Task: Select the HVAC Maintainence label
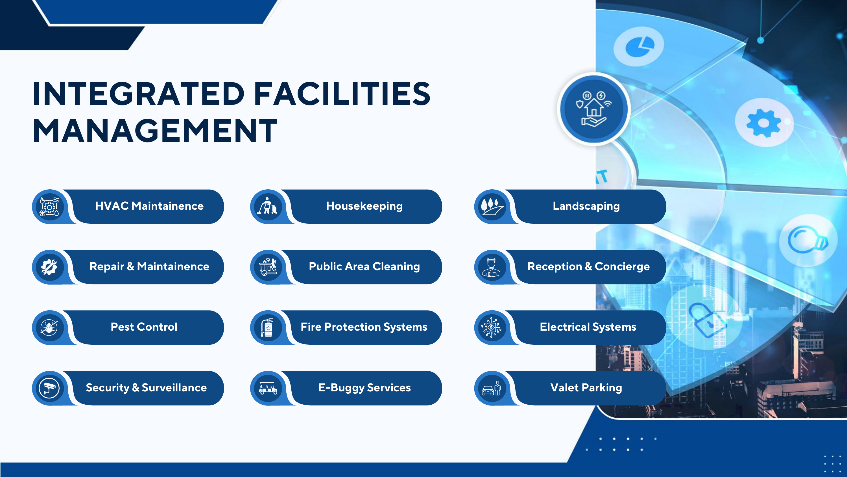point(149,206)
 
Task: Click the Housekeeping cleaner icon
point(267,206)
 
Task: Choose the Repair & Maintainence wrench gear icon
point(49,267)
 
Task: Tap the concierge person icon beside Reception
point(491,267)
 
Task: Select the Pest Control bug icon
point(49,327)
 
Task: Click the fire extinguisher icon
point(267,327)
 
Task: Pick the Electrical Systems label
point(588,327)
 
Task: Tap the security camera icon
point(49,388)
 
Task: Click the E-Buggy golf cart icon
point(268,388)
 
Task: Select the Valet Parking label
point(586,388)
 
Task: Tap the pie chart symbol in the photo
point(639,47)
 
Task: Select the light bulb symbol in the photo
point(808,239)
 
